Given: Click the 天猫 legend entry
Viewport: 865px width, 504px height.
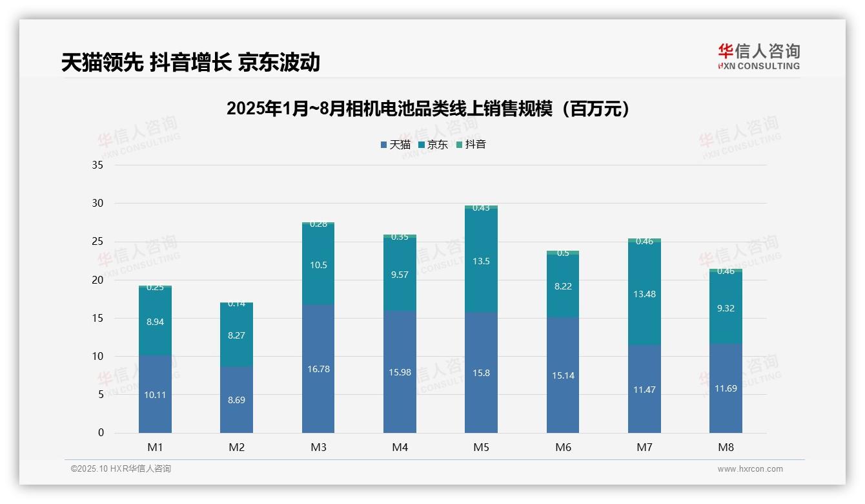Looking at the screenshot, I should point(396,145).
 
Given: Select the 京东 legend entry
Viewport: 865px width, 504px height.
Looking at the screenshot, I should point(433,145).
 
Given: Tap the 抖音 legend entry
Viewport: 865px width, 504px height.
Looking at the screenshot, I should point(471,145).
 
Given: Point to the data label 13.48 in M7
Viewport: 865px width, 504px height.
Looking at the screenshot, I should point(644,294).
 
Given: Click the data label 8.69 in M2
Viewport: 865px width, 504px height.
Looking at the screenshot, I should point(236,400).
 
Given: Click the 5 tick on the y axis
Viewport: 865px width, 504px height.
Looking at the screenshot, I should point(100,395).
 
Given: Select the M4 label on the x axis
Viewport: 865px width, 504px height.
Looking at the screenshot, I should point(400,447).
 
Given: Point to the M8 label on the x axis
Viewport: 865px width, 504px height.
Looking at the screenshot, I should point(726,447).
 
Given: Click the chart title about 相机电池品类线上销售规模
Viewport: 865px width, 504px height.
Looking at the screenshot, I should point(428,109).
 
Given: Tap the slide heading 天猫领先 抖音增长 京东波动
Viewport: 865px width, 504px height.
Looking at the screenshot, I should point(190,62).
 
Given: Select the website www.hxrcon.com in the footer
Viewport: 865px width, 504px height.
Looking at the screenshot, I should point(750,469).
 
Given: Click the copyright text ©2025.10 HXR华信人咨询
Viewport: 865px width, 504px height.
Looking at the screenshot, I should point(121,469).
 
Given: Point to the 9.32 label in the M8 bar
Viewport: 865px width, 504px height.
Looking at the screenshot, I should point(726,308).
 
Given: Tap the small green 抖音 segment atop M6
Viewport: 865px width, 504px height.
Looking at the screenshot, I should point(563,252).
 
